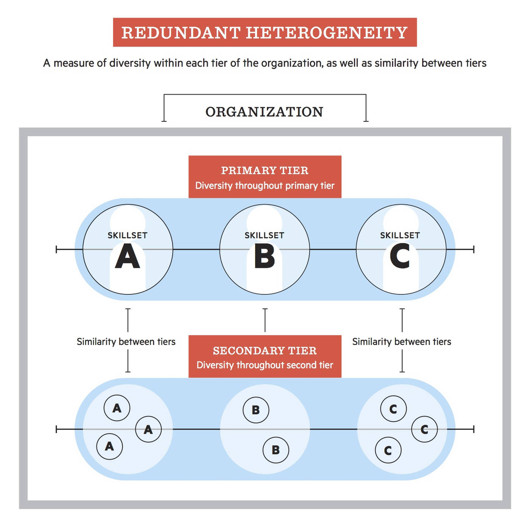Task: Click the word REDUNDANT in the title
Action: tap(181, 33)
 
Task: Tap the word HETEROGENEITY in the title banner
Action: tap(326, 33)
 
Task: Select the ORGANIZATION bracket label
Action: tap(264, 112)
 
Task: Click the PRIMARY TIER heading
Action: tap(265, 171)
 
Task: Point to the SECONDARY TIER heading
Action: tap(265, 350)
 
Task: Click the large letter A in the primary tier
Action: tap(127, 256)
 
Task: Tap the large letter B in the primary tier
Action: tap(265, 256)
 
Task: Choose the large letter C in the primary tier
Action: tap(400, 256)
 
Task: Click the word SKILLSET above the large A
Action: tap(127, 235)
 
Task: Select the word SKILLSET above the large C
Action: tap(400, 235)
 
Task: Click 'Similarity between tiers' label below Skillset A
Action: tap(126, 342)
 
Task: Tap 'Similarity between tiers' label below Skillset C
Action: tap(402, 342)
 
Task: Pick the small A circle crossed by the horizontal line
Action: tap(148, 429)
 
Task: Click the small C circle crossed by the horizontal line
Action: tap(424, 429)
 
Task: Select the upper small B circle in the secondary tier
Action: tap(256, 410)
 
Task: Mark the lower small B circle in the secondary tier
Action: tap(276, 450)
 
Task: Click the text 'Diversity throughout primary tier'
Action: tap(265, 186)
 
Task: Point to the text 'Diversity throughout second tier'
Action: tap(265, 365)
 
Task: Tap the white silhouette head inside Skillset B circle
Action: tap(264, 222)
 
